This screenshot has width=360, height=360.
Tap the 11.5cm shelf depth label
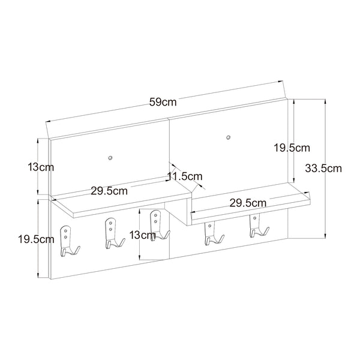185,176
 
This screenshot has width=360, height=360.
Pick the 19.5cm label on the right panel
291,147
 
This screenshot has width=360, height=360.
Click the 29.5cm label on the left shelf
109,191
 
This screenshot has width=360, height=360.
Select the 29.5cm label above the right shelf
248,202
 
